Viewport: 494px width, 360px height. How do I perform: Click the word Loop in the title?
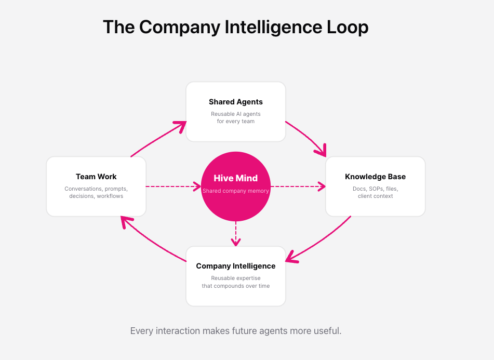(348, 27)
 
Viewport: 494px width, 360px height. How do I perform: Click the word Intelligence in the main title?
(273, 27)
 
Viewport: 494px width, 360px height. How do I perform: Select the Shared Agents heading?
(236, 102)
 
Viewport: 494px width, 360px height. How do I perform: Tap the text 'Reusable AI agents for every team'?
(236, 117)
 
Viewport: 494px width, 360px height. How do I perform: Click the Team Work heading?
(96, 177)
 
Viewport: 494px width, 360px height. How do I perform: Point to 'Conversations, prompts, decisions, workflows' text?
(96, 192)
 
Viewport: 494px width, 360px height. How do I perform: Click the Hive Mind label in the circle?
(236, 178)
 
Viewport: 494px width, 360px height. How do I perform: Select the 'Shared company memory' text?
(236, 191)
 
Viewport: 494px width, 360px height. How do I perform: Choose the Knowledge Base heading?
(375, 177)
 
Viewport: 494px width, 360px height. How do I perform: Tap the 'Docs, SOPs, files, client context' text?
(375, 192)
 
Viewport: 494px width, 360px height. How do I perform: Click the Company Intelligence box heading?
(236, 266)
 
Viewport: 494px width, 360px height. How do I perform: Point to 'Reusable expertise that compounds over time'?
(236, 282)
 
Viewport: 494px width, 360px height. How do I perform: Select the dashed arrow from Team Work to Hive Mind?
(173, 186)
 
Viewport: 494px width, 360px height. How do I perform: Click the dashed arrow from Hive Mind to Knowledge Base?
(298, 186)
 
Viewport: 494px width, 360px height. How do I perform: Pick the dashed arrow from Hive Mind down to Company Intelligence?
(236, 234)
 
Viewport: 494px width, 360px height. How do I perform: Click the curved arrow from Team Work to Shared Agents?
(157, 138)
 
